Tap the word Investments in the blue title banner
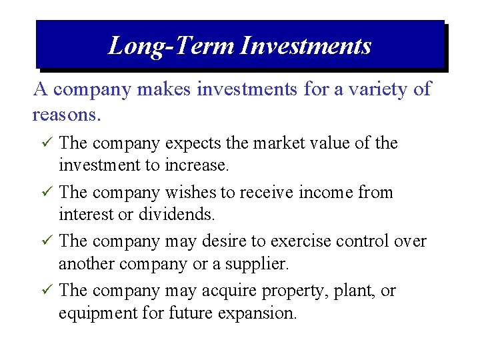pos(305,45)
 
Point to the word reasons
pos(66,115)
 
